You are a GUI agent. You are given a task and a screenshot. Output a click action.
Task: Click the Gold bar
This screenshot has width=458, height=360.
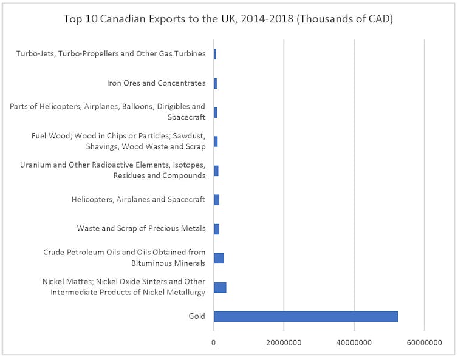tap(306, 316)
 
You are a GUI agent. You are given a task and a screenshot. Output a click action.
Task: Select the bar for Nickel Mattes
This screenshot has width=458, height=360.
tap(220, 287)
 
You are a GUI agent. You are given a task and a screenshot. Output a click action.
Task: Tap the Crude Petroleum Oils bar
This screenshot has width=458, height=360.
tap(219, 258)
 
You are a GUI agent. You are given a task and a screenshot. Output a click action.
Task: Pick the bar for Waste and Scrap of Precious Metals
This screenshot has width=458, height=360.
tap(216, 229)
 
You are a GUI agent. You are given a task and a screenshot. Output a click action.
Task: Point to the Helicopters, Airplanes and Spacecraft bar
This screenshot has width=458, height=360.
tap(216, 200)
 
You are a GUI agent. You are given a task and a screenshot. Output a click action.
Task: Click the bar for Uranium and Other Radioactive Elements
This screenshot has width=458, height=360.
tap(216, 171)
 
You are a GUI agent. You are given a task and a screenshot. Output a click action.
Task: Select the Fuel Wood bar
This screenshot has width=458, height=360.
tap(216, 141)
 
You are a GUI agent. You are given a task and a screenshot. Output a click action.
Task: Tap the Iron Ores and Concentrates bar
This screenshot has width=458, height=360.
tap(215, 83)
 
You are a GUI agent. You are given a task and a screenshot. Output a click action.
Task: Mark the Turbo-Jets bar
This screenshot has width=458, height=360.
tap(215, 54)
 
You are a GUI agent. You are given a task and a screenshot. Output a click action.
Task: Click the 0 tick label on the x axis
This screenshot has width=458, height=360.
tap(214, 343)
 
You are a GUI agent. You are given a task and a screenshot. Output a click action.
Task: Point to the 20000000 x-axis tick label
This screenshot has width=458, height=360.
tap(284, 343)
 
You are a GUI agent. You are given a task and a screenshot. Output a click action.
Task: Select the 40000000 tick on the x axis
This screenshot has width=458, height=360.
tap(354, 343)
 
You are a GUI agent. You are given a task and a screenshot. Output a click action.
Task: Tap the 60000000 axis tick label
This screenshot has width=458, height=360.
tap(424, 343)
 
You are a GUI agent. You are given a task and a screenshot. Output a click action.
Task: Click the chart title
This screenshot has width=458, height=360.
tap(228, 19)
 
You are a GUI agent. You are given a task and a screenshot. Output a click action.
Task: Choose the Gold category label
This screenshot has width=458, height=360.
tap(197, 316)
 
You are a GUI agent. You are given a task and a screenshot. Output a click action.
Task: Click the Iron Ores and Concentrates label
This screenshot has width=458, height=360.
tap(156, 83)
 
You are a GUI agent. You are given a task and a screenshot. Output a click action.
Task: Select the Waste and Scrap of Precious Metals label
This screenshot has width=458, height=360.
tap(141, 229)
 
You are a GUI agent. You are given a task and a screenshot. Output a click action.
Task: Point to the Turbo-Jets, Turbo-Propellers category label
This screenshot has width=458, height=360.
tap(111, 54)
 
